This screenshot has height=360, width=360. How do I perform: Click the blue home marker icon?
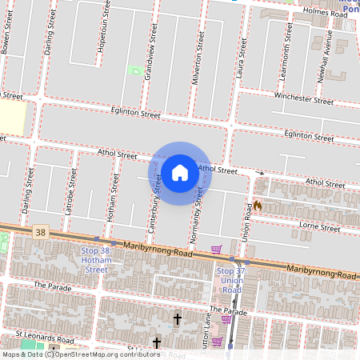180,172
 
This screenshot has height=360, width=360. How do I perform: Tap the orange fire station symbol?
258,206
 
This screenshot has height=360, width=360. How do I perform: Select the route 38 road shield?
41,232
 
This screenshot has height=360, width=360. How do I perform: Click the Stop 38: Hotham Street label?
95,260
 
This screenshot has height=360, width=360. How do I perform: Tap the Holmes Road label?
326,14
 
